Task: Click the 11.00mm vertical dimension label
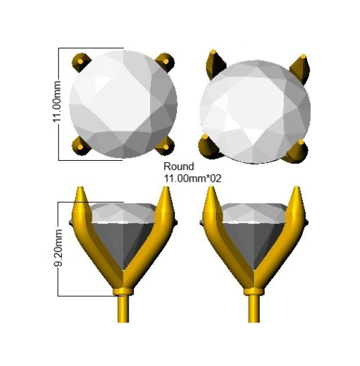click(x=57, y=101)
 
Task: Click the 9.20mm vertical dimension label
click(x=58, y=247)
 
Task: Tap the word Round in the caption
click(x=178, y=166)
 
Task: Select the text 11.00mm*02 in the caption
click(x=192, y=179)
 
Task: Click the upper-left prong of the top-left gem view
click(x=81, y=62)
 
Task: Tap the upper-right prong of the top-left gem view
click(x=165, y=62)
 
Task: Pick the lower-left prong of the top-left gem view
click(x=80, y=146)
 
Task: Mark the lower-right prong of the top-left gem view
click(x=166, y=146)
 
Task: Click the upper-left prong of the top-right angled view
click(x=215, y=64)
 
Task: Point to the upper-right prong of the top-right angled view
click(x=300, y=68)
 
